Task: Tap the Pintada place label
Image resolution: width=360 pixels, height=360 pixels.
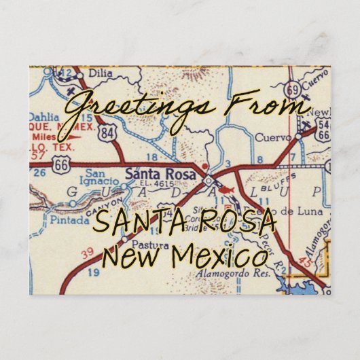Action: [70, 220]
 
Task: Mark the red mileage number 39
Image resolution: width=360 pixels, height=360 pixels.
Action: [84, 253]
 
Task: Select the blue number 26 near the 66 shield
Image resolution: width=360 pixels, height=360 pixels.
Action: [40, 171]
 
